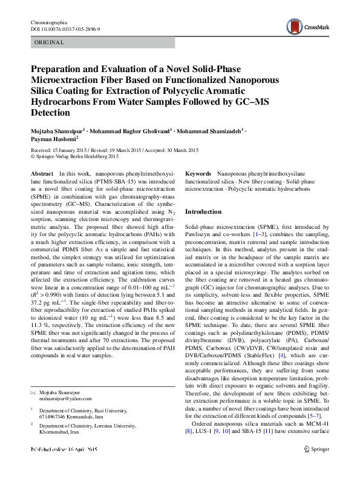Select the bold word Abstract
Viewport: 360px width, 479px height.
point(41,173)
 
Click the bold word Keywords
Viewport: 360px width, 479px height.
point(198,173)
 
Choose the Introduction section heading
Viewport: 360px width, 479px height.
point(203,211)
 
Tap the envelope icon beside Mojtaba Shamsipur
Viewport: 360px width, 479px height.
point(34,392)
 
